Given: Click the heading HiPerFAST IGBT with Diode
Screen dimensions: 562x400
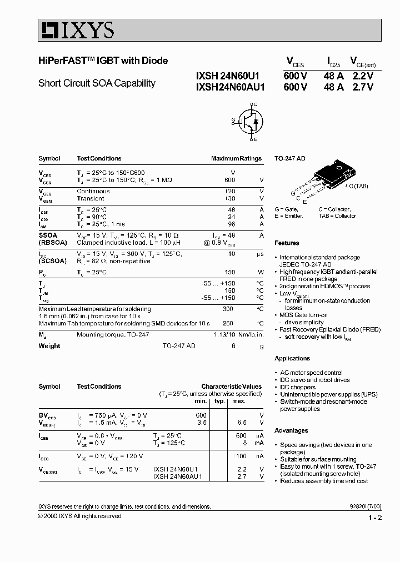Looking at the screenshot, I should (x=103, y=61).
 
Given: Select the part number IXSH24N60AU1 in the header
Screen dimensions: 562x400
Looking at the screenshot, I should (x=231, y=87).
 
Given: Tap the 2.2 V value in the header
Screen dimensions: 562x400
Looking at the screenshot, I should (x=362, y=76).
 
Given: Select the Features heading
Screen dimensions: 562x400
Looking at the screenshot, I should (x=287, y=243).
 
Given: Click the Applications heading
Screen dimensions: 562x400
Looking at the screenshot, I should (x=292, y=358).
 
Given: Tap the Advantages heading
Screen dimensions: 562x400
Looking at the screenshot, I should (x=291, y=430).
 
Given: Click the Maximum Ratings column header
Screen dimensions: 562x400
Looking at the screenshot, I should (x=236, y=158).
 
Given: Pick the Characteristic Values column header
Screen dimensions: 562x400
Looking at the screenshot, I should (x=231, y=387).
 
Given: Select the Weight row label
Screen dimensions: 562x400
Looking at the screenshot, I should (x=49, y=346).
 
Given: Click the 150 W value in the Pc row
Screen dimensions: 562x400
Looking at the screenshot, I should (x=228, y=272).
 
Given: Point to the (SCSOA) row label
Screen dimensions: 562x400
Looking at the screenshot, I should (x=53, y=261).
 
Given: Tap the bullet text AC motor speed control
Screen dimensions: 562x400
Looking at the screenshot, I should (x=311, y=373).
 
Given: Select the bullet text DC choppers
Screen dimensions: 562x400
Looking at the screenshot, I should (x=297, y=387).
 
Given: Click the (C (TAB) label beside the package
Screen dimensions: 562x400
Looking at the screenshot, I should (x=357, y=186).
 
